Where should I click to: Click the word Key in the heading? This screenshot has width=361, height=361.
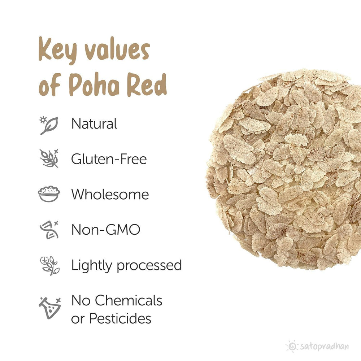[56, 51]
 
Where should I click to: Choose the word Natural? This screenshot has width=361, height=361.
[94, 124]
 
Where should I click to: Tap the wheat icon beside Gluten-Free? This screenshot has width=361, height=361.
[49, 158]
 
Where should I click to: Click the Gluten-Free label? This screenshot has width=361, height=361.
[109, 159]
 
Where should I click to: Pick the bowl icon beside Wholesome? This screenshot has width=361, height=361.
[49, 194]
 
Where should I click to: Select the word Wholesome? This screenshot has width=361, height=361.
[110, 194]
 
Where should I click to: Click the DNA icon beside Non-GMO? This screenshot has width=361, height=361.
[49, 230]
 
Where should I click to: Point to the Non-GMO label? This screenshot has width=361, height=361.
[105, 230]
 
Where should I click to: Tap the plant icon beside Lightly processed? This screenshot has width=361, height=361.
[49, 265]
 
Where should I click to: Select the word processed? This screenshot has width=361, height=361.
[149, 266]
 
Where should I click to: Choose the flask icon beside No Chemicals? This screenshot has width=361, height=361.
[49, 308]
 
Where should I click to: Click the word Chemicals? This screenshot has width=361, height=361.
[129, 300]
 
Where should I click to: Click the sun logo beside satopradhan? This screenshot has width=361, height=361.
[292, 346]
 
